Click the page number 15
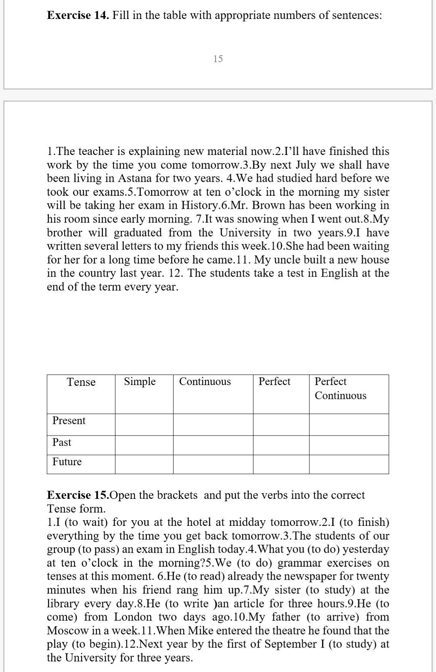coord(218,59)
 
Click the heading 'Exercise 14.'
coord(78,15)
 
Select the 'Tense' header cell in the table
coord(81,382)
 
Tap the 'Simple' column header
coord(140,381)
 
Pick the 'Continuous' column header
coord(205,381)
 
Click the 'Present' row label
coord(69,421)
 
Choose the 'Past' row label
coord(62,442)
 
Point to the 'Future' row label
coord(67,462)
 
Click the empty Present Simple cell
coord(144,425)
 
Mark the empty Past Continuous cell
coord(213,445)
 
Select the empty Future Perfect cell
coord(281,464)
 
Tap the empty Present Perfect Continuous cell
coord(349,425)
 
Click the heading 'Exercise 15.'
coord(78,495)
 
